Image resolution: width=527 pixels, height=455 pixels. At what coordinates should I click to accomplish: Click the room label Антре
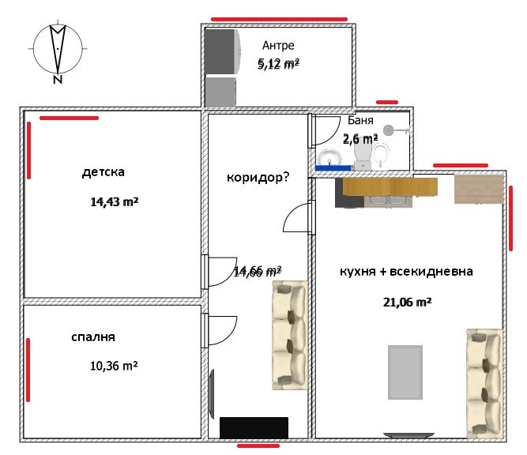278,46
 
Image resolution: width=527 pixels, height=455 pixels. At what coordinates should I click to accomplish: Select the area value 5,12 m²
278,64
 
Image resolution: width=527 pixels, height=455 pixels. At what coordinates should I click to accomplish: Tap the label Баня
360,121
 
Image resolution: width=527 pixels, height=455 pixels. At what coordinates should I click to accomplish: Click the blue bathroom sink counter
334,167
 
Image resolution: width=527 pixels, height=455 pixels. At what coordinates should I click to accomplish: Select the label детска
103,171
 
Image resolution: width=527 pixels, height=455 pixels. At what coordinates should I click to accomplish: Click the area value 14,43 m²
115,202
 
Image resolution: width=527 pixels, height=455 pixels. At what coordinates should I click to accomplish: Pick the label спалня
93,337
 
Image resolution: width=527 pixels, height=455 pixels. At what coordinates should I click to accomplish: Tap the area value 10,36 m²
115,367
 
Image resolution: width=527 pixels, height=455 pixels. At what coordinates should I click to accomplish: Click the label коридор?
258,177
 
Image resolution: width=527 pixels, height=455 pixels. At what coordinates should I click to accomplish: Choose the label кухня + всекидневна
406,272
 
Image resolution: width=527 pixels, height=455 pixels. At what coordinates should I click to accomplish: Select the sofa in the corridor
288,330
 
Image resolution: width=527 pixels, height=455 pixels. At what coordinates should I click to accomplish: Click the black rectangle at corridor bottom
253,427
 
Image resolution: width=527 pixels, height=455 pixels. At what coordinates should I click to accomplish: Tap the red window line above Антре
278,18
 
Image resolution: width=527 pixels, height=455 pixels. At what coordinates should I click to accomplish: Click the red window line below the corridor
258,446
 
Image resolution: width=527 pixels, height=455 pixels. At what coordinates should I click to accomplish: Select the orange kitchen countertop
390,186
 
